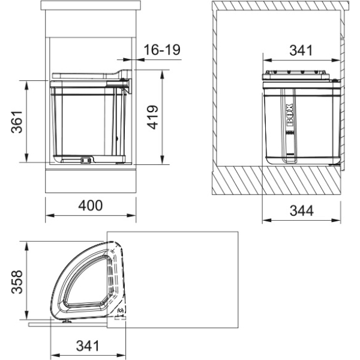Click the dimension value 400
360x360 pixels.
91,205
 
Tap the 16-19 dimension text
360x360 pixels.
162,50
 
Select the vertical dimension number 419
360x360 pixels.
152,118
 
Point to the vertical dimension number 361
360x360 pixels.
17,122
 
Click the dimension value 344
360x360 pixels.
301,211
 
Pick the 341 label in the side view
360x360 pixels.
301,50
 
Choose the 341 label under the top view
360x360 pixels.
88,346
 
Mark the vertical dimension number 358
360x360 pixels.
17,282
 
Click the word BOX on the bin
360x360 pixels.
290,115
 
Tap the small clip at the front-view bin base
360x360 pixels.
86,160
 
